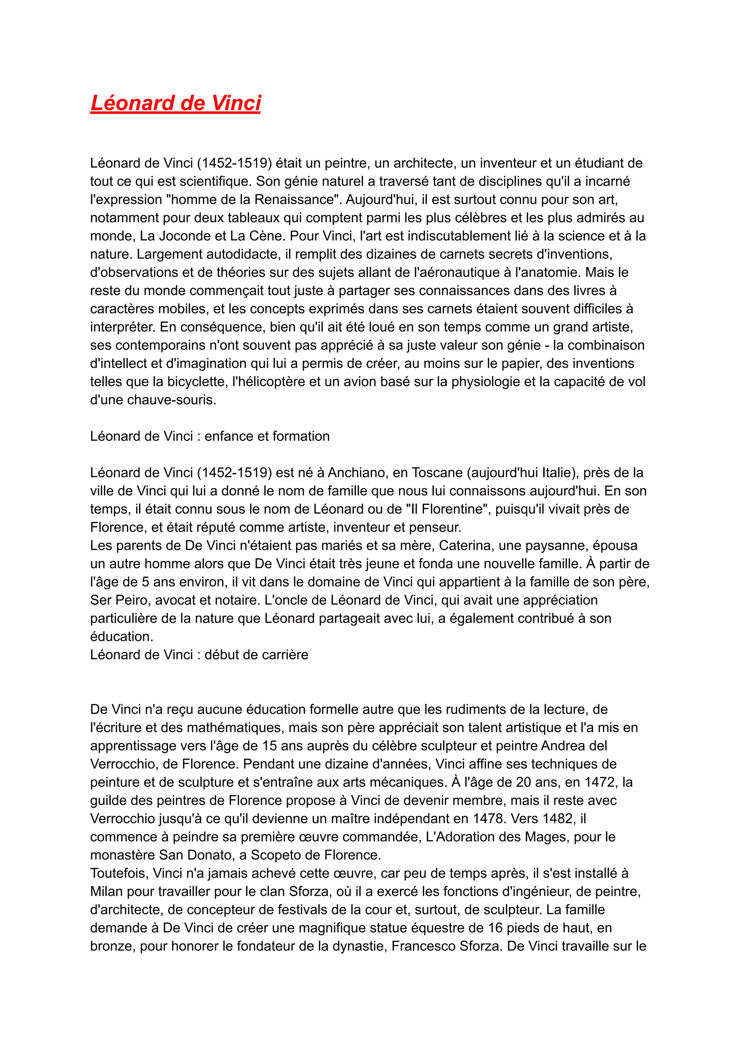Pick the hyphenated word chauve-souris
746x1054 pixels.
(x=171, y=400)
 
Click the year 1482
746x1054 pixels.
(x=557, y=818)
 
